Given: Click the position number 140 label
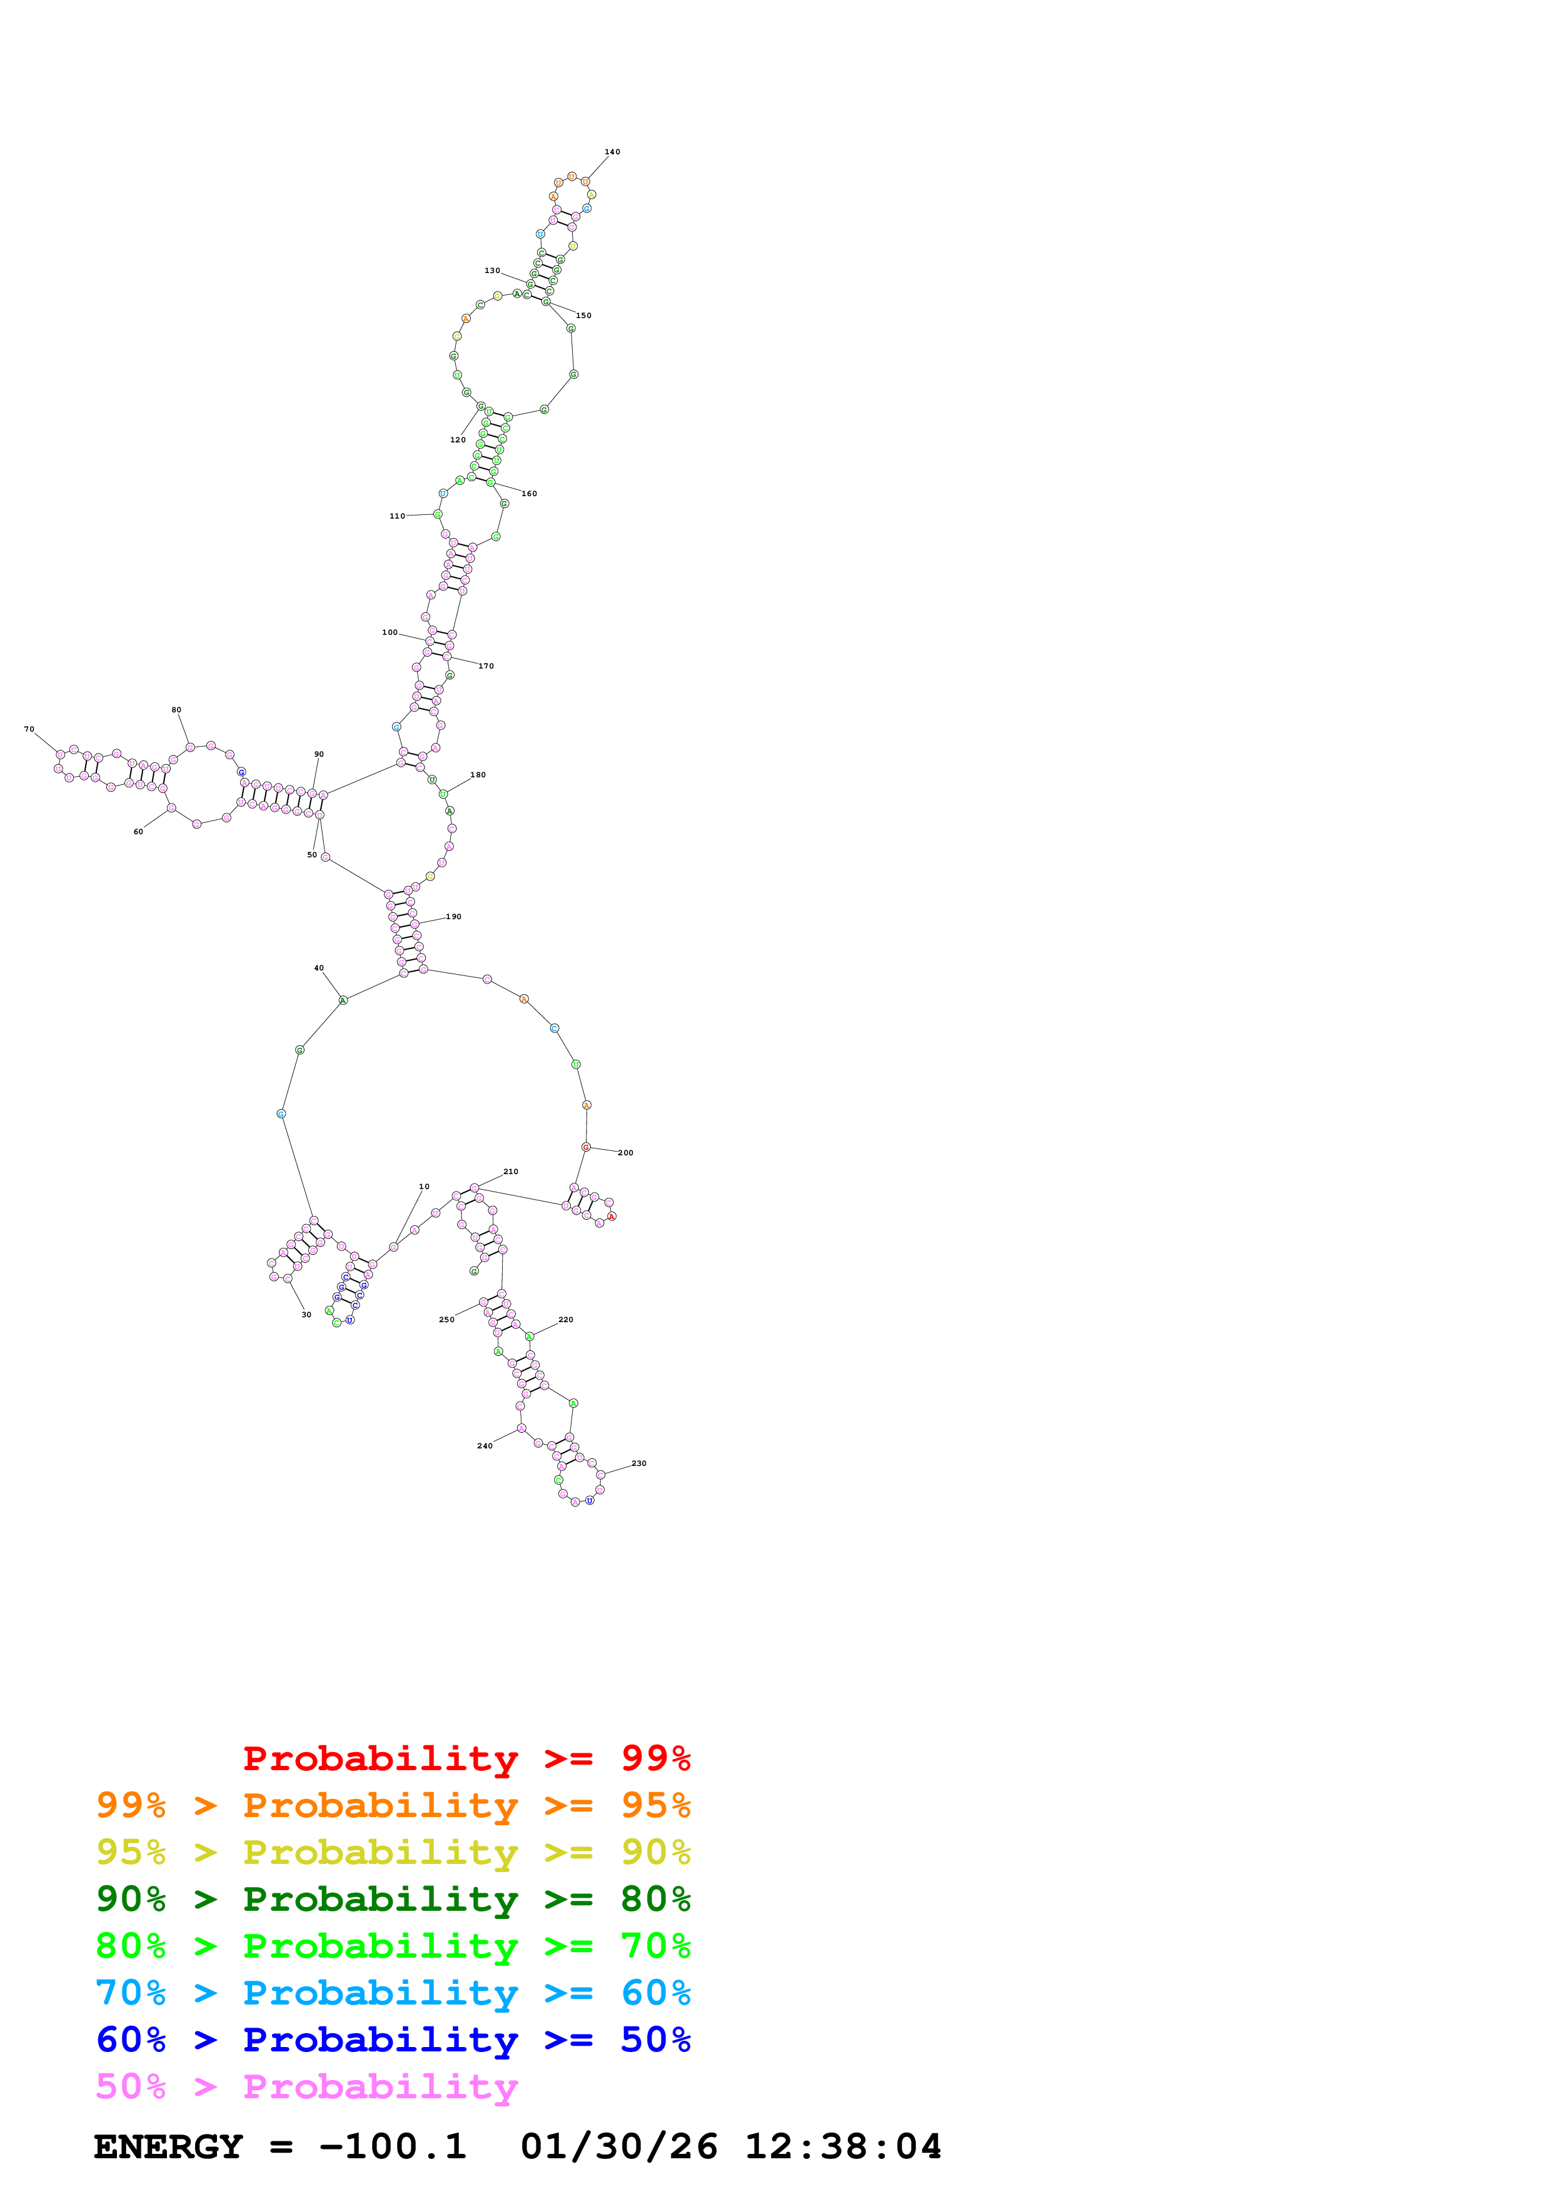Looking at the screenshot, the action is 612,152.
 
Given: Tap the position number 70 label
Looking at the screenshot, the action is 29,729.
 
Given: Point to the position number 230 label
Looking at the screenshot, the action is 639,1463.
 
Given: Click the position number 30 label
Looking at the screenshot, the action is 306,1315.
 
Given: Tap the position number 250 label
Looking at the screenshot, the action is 446,1320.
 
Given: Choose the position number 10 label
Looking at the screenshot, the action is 424,1187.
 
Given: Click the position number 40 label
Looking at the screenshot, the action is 319,968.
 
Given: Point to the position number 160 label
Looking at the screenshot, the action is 529,494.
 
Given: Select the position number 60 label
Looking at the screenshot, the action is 138,832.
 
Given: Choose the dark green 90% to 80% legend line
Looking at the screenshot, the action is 393,1899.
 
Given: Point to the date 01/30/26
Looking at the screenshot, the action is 619,2147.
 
